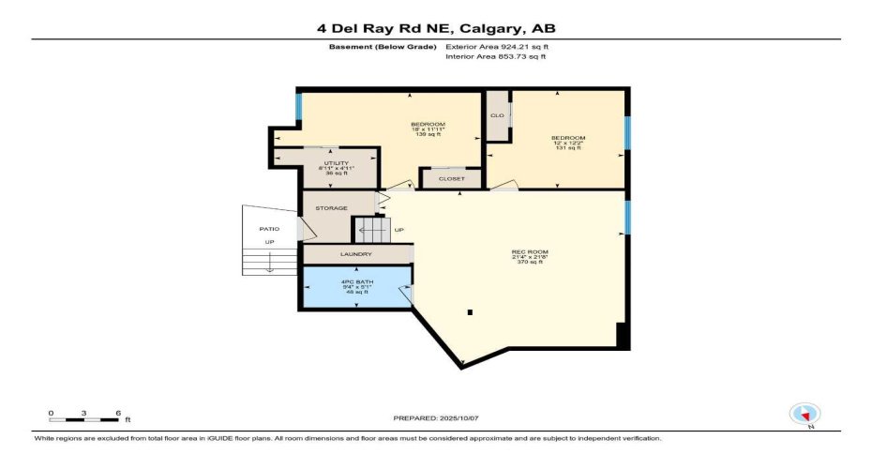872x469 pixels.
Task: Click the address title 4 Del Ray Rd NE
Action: coord(435,28)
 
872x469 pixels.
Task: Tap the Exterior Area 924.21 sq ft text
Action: coord(495,47)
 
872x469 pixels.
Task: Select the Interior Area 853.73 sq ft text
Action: coord(495,57)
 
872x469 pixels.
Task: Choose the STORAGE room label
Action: coord(331,208)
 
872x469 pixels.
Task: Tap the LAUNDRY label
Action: coord(356,254)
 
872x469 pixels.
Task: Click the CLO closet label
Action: coord(497,115)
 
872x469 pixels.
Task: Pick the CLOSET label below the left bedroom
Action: coord(452,177)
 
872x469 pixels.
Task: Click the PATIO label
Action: coord(269,229)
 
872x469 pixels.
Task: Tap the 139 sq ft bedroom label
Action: coord(428,129)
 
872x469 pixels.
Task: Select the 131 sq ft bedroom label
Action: coord(567,143)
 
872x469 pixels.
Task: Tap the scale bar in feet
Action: coord(84,414)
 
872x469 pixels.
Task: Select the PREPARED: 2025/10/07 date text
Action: coord(434,417)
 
